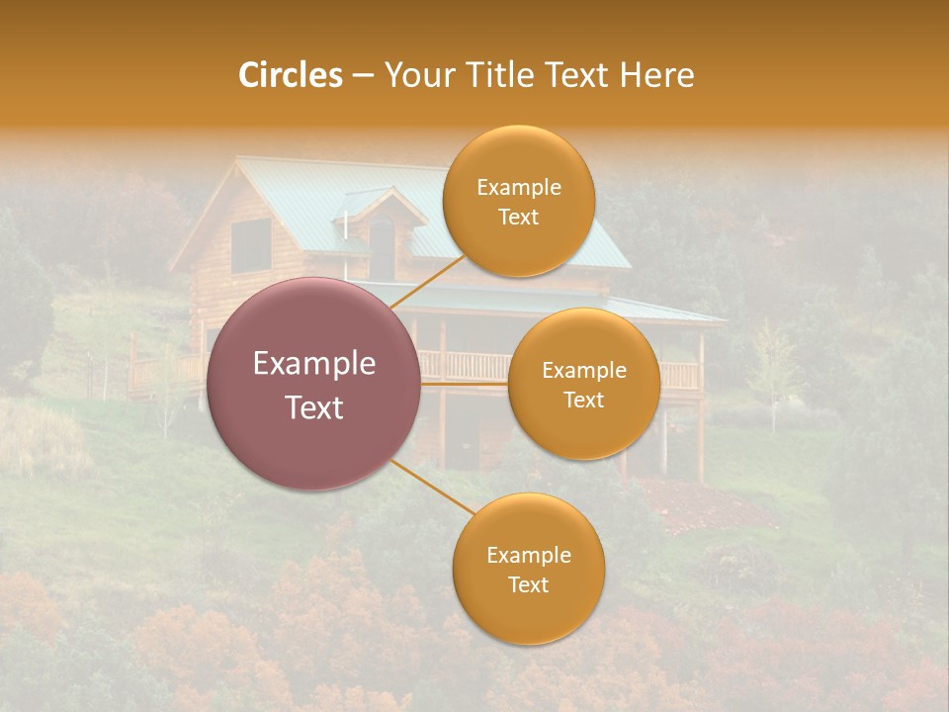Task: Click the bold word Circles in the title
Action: click(290, 75)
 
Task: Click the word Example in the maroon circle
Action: click(314, 364)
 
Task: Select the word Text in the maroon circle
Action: click(314, 407)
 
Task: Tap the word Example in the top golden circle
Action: click(518, 188)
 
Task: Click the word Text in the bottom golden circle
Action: click(528, 584)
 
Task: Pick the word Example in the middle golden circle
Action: click(583, 371)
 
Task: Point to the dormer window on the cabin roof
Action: click(382, 241)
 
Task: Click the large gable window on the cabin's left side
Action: click(251, 245)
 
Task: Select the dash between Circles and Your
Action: click(363, 76)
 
